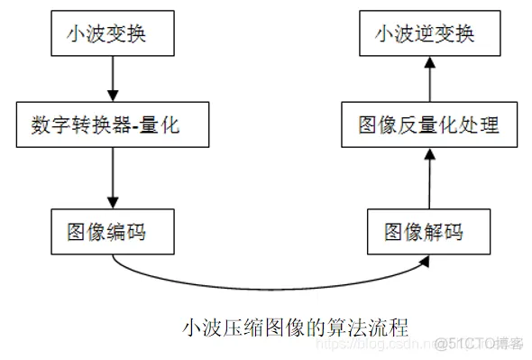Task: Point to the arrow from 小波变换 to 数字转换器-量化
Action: [111, 79]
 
